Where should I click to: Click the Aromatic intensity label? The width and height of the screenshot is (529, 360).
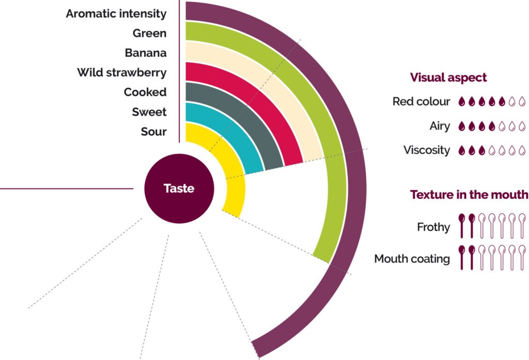(116, 13)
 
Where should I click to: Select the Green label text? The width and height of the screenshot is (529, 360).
(149, 33)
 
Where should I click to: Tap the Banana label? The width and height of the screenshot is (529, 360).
(146, 53)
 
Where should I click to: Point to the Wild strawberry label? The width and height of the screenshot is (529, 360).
(122, 72)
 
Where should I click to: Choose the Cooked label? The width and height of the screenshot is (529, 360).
(145, 92)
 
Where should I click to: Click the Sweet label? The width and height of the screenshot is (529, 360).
(149, 112)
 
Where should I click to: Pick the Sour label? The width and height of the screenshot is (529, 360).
(154, 131)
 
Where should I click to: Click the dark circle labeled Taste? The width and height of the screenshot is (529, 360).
(179, 189)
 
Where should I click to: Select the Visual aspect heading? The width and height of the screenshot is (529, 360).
(448, 77)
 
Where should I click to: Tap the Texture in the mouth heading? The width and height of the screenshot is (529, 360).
(469, 195)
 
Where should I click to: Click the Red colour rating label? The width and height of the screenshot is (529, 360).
(421, 101)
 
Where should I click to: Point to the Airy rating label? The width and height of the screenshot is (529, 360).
(440, 126)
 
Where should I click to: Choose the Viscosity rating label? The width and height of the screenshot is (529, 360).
(427, 150)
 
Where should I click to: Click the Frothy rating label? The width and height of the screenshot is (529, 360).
(433, 227)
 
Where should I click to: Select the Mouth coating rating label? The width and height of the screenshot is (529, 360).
(412, 259)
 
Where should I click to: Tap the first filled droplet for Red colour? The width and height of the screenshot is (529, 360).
(462, 102)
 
